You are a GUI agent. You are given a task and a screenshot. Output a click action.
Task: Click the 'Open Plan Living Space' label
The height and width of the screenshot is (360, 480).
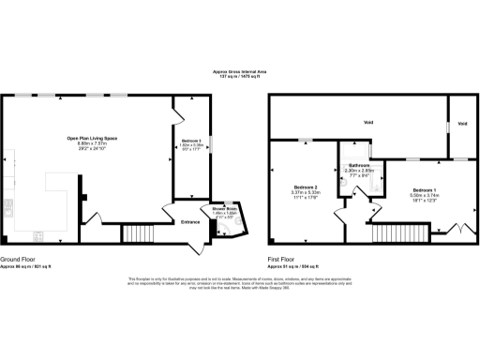pos(91,138)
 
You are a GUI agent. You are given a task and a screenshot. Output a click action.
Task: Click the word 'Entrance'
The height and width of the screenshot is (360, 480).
pos(190,222)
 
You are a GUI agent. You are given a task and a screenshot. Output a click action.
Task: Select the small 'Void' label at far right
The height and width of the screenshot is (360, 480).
pos(461,123)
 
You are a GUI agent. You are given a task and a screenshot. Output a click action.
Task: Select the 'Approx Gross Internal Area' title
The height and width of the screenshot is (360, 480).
pos(239,70)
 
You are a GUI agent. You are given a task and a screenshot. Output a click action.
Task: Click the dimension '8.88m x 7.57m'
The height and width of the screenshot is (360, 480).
pos(91,143)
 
